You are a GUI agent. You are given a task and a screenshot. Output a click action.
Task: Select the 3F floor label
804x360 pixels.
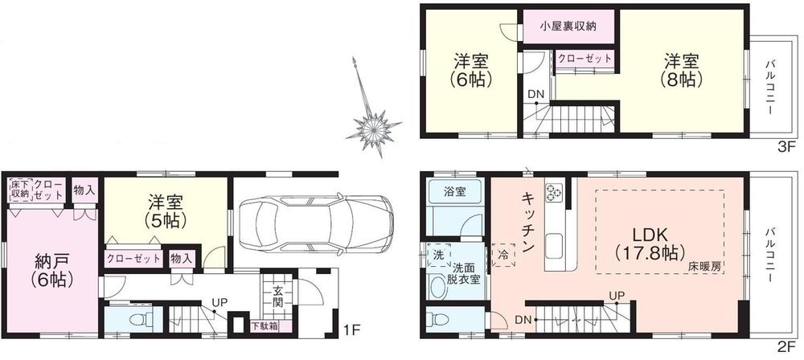click(785, 147)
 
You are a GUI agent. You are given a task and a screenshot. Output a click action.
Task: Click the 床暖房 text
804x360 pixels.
click(704, 264)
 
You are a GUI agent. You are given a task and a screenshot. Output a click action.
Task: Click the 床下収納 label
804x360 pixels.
click(19, 189)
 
